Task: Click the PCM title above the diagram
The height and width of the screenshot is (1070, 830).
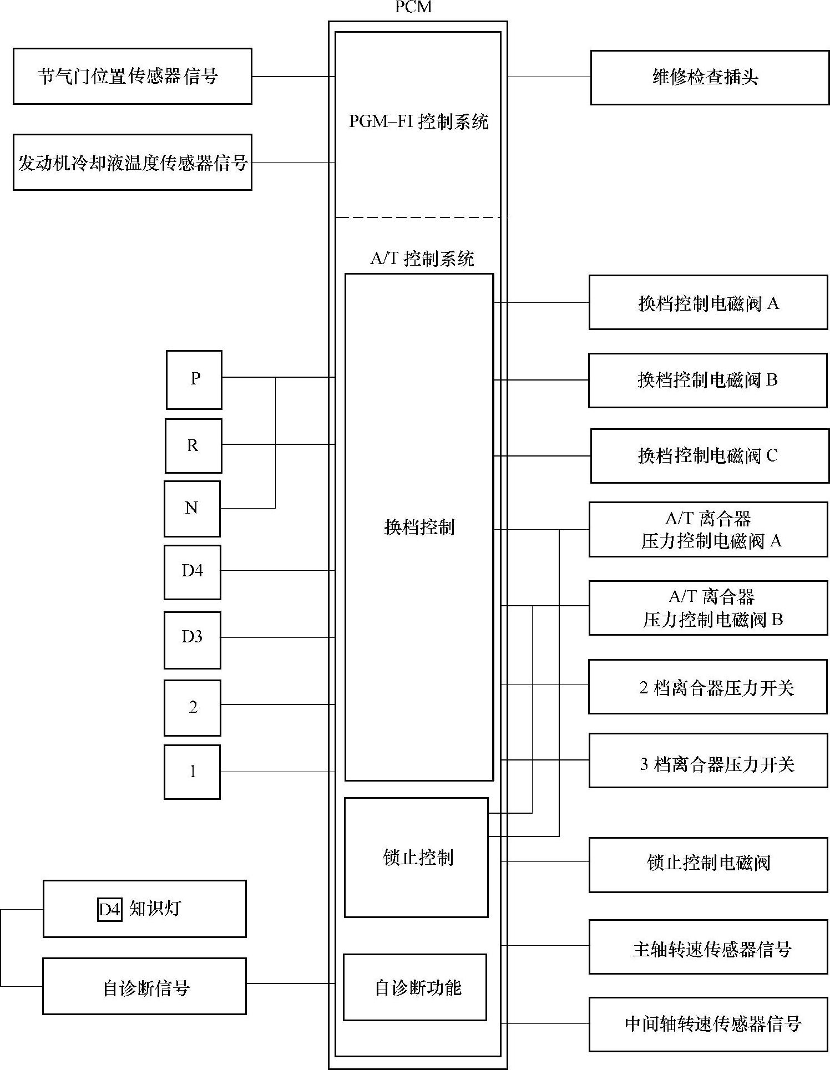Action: [x=413, y=7]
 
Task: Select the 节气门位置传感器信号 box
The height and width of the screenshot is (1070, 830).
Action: [x=132, y=76]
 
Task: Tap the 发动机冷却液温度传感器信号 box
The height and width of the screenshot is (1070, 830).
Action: [x=132, y=163]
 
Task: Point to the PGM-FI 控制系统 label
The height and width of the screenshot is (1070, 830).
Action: [x=418, y=121]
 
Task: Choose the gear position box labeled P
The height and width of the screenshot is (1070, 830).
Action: [x=194, y=380]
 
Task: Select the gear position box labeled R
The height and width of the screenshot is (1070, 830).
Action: [x=193, y=446]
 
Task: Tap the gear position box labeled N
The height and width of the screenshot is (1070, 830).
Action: [x=192, y=509]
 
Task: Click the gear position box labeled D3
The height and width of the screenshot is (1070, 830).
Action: [x=192, y=640]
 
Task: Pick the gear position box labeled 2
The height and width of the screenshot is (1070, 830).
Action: [x=192, y=708]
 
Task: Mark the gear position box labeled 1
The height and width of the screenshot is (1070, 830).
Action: [x=192, y=772]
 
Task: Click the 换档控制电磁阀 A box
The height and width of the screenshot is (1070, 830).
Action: [x=708, y=303]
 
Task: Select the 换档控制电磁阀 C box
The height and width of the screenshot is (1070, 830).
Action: [x=710, y=456]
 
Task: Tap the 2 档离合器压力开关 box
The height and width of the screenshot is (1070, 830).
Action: [x=708, y=687]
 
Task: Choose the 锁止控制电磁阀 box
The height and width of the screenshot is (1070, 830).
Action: [x=708, y=863]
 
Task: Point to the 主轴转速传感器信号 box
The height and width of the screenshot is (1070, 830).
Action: [x=708, y=949]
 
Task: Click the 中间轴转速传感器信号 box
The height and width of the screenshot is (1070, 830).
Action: [x=708, y=1024]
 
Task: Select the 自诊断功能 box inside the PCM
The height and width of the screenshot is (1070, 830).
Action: [x=415, y=988]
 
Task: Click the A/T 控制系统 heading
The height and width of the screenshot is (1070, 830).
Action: [x=422, y=258]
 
